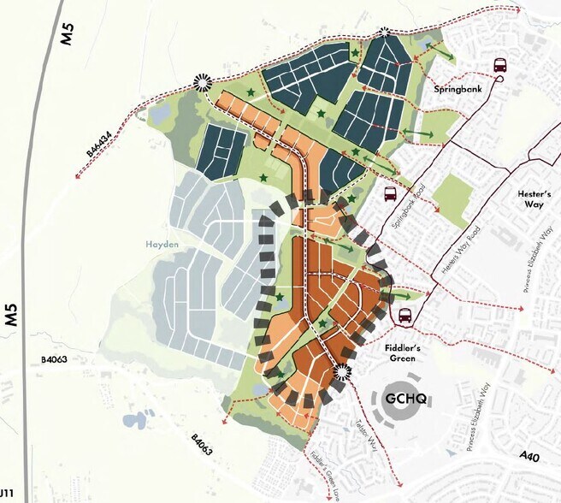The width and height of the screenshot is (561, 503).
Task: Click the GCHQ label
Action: coord(405,399)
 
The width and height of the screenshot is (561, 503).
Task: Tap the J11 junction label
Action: coord(6,495)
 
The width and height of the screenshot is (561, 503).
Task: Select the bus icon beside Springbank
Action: coord(500,65)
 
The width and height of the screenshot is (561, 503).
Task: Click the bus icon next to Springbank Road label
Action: coord(390,193)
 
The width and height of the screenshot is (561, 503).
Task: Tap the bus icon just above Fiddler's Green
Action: coord(404,315)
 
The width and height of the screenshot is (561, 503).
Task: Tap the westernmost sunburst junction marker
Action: coord(203,83)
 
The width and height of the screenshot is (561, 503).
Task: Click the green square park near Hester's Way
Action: coord(452,194)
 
